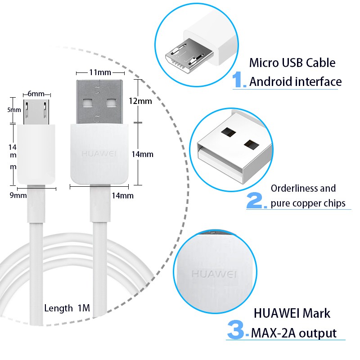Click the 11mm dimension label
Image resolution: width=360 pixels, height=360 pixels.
click(x=100, y=72)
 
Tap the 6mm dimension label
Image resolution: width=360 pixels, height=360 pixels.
click(x=36, y=94)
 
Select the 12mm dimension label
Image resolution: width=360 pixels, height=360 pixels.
click(x=140, y=101)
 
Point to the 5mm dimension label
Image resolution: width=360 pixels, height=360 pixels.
click(x=14, y=110)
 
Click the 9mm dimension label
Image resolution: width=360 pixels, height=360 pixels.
click(x=18, y=195)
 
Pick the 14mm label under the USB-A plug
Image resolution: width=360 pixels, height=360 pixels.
click(x=122, y=196)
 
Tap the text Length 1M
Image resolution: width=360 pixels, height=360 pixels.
click(x=67, y=308)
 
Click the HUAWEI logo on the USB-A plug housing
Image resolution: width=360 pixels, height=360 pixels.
click(x=99, y=153)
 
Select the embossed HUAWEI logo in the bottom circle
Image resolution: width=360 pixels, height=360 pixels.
click(x=214, y=274)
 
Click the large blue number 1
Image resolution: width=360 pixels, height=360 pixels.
click(x=239, y=79)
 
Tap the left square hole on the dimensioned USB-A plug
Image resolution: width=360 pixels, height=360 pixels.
click(x=87, y=103)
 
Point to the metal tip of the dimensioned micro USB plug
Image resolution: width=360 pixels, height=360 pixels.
click(x=36, y=112)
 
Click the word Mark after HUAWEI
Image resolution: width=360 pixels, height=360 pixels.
click(x=316, y=313)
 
